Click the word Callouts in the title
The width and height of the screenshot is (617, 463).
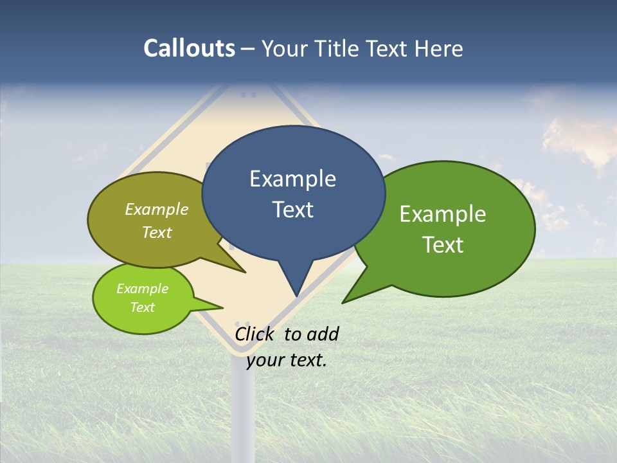pyautogui.click(x=189, y=49)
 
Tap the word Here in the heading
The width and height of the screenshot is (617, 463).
pyautogui.click(x=440, y=49)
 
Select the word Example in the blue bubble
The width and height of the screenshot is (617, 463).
pyautogui.click(x=292, y=179)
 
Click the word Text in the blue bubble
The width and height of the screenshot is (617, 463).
pyautogui.click(x=292, y=210)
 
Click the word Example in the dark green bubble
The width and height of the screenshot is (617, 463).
pyautogui.click(x=443, y=214)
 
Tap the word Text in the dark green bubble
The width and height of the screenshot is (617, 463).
pyautogui.click(x=443, y=244)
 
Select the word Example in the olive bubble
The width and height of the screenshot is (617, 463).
pyautogui.click(x=157, y=210)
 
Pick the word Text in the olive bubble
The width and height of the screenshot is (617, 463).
pyautogui.click(x=157, y=232)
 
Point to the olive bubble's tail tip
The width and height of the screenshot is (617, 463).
pyautogui.click(x=245, y=272)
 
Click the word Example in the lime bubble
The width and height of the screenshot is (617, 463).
pyautogui.click(x=142, y=289)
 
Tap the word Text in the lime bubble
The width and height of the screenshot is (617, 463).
pyautogui.click(x=142, y=307)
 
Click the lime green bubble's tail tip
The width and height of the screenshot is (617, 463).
pyautogui.click(x=222, y=307)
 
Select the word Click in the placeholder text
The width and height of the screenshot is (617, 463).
pyautogui.click(x=255, y=334)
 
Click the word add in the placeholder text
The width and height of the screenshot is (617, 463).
pyautogui.click(x=323, y=334)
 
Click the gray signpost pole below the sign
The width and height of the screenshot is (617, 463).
pyautogui.click(x=243, y=412)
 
